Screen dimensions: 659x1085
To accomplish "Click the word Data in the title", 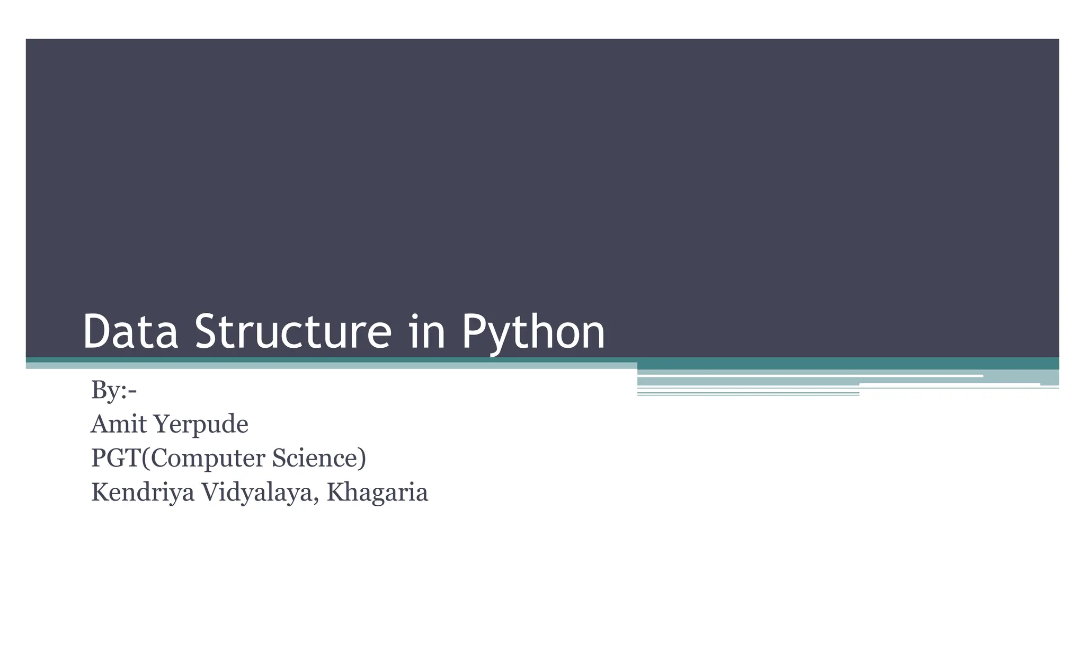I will [130, 332].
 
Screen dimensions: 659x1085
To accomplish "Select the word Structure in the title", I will [294, 332].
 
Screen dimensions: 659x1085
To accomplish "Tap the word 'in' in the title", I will [427, 332].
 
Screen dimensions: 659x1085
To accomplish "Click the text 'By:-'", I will [114, 390].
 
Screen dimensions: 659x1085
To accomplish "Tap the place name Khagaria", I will [377, 493].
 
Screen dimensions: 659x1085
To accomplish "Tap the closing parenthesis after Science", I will [362, 459].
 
